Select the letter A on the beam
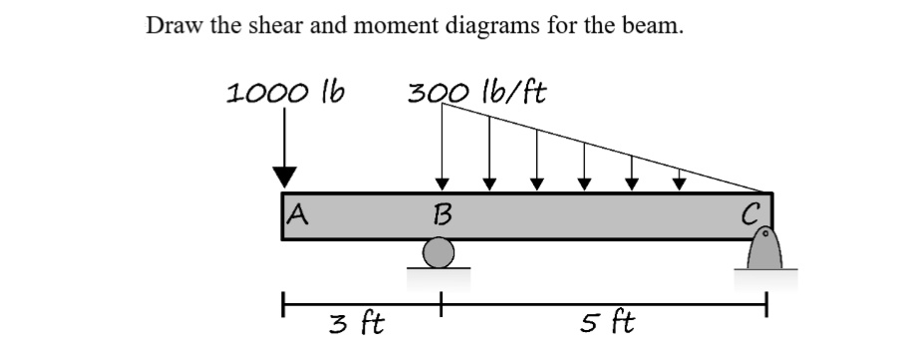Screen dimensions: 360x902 coord(295,211)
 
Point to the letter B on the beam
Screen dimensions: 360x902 coord(441,213)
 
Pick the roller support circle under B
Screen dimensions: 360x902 coord(440,255)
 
